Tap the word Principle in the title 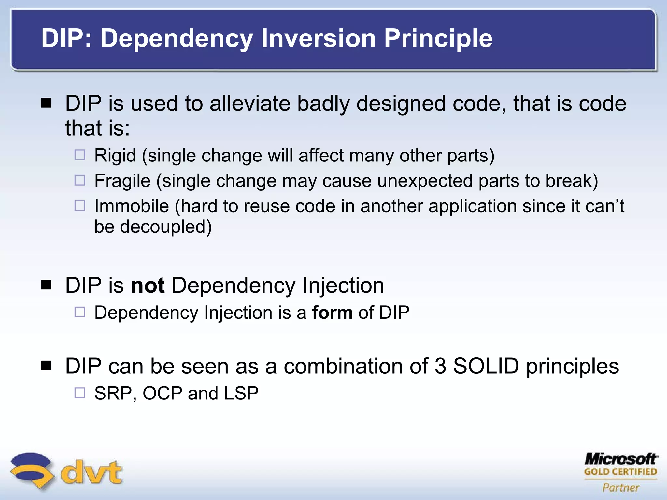pos(438,38)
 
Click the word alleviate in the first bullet pos(249,104)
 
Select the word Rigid pos(115,155)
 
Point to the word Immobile pos(132,206)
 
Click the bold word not pos(147,285)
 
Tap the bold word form pos(332,312)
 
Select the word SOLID pos(486,366)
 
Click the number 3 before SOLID pos(440,366)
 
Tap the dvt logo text pos(91,472)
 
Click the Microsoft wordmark pos(620,459)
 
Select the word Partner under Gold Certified pos(620,487)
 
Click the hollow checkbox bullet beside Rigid pos(80,155)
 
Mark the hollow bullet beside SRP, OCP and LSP pos(80,393)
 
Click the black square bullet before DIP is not pos(47,285)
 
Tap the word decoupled pos(166,227)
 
